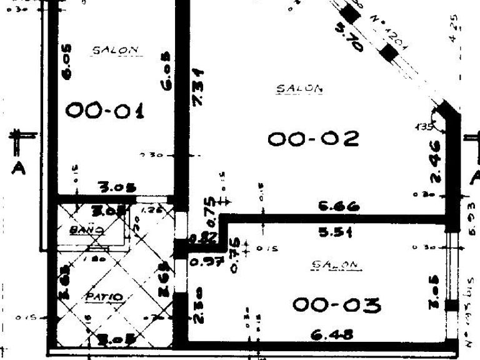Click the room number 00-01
[x=105, y=111]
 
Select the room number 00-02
[x=314, y=138]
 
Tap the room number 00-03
[x=336, y=306]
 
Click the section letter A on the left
[x=19, y=169]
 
